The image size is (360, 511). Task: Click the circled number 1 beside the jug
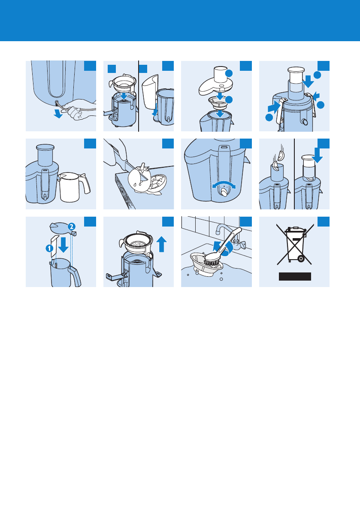click(x=49, y=249)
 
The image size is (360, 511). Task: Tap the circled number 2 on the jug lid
click(x=72, y=227)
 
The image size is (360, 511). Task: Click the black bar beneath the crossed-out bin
click(x=295, y=276)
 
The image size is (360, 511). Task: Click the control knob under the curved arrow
click(x=224, y=192)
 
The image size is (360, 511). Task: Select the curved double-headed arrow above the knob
click(x=224, y=183)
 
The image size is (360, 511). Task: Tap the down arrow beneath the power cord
click(x=58, y=113)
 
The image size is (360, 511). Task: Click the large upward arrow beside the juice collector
click(x=162, y=244)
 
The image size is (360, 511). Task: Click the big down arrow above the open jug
click(x=63, y=245)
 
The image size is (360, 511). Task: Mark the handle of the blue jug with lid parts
click(x=75, y=275)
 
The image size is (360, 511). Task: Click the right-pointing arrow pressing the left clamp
click(x=274, y=107)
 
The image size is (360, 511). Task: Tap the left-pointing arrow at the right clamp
click(x=316, y=96)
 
